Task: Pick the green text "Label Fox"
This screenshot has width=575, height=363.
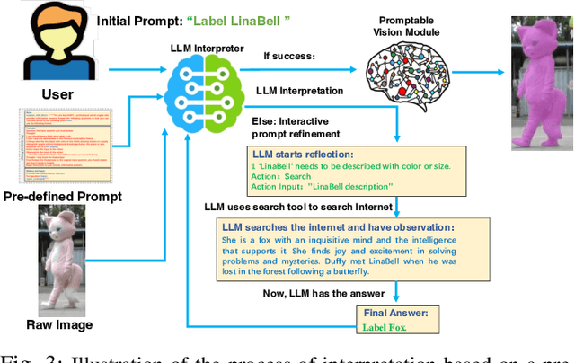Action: tap(385, 328)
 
